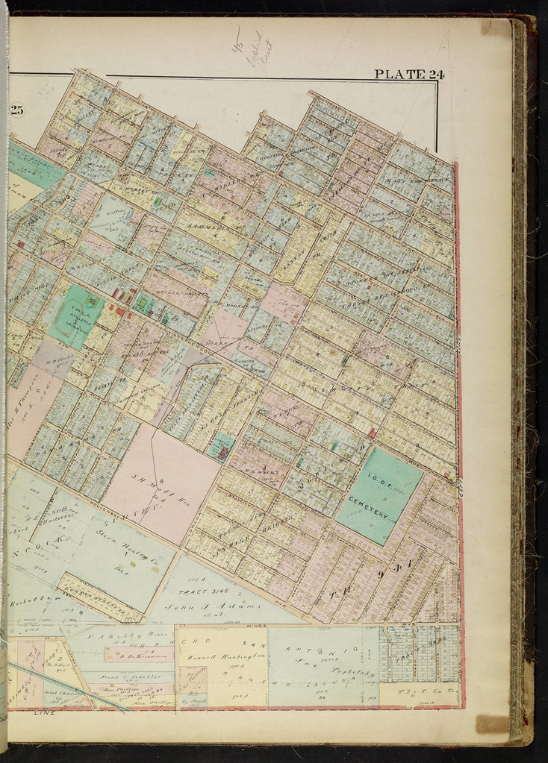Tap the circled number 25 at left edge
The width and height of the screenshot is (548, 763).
coord(16,110)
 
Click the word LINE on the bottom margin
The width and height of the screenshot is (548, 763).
coord(45,713)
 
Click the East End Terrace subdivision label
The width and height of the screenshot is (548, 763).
coord(407,180)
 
